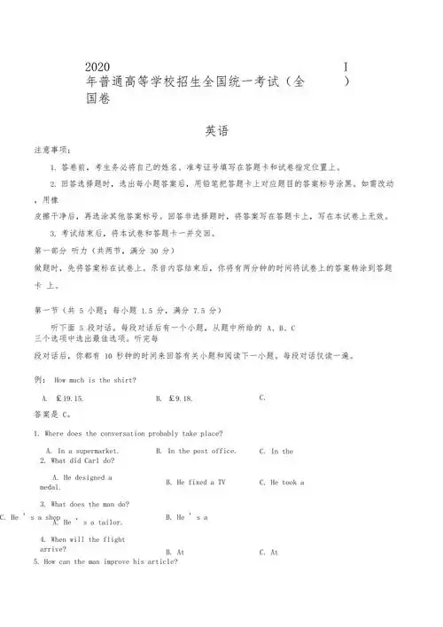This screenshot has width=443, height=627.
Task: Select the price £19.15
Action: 69,399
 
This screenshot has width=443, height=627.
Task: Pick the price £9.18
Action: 179,399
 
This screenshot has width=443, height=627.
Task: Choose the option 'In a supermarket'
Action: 82,452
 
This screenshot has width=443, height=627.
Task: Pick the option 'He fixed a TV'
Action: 195,483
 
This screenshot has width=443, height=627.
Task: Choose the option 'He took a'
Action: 282,483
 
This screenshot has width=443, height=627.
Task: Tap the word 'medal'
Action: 51,488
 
